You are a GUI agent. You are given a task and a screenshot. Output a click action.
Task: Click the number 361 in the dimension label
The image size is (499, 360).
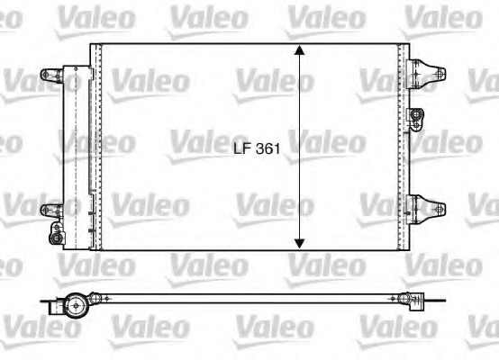(267, 152)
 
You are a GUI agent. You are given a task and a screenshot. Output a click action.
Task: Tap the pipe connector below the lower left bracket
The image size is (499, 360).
(57, 235)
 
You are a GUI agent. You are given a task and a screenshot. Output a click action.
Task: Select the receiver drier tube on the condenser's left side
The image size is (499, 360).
(74, 148)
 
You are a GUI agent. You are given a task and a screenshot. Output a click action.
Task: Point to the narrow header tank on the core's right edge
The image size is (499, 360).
(402, 148)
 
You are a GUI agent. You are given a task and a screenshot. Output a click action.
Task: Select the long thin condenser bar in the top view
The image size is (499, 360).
(243, 298)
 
